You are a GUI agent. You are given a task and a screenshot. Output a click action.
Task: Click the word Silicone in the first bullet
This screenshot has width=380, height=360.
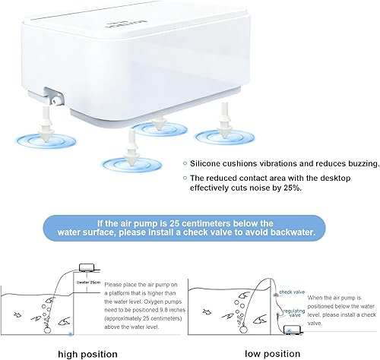210,163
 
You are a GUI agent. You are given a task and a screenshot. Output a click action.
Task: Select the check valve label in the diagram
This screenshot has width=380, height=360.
292,291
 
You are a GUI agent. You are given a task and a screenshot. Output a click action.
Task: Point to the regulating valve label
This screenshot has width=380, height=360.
293,314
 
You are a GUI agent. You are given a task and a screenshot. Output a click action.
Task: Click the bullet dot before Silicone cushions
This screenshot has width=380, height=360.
184,163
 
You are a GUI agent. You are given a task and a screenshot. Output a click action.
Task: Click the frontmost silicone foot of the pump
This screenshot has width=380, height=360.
131,147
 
